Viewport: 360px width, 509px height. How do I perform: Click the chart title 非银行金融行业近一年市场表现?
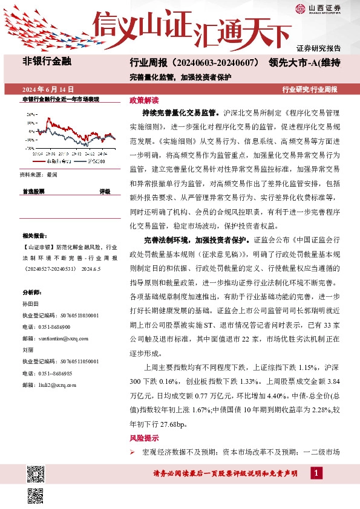tap(60, 99)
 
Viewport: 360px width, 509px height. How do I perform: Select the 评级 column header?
tap(105, 191)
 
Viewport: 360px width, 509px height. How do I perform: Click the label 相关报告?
tap(33, 235)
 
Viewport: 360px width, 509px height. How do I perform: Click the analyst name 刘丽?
tap(27, 349)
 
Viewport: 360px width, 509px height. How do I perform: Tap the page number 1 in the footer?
tap(316, 473)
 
